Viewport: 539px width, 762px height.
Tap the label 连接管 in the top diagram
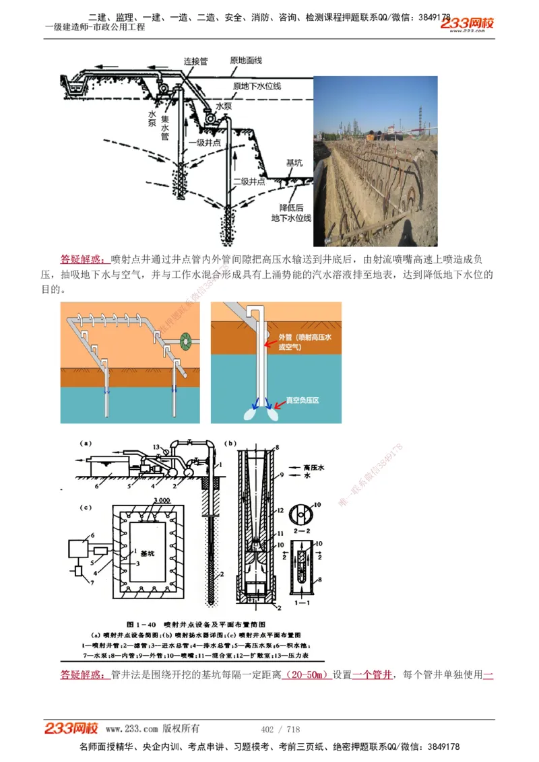pos(195,61)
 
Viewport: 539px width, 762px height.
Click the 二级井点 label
pos(248,181)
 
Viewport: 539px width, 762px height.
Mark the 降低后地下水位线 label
pos(290,213)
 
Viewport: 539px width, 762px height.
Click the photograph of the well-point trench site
pos(375,161)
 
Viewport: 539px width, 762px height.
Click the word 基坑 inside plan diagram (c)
pos(146,553)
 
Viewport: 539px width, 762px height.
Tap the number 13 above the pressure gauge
pos(156,447)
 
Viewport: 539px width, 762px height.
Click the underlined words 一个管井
pos(372,674)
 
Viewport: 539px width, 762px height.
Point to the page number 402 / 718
pos(280,729)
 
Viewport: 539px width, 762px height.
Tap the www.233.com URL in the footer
pos(131,729)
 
